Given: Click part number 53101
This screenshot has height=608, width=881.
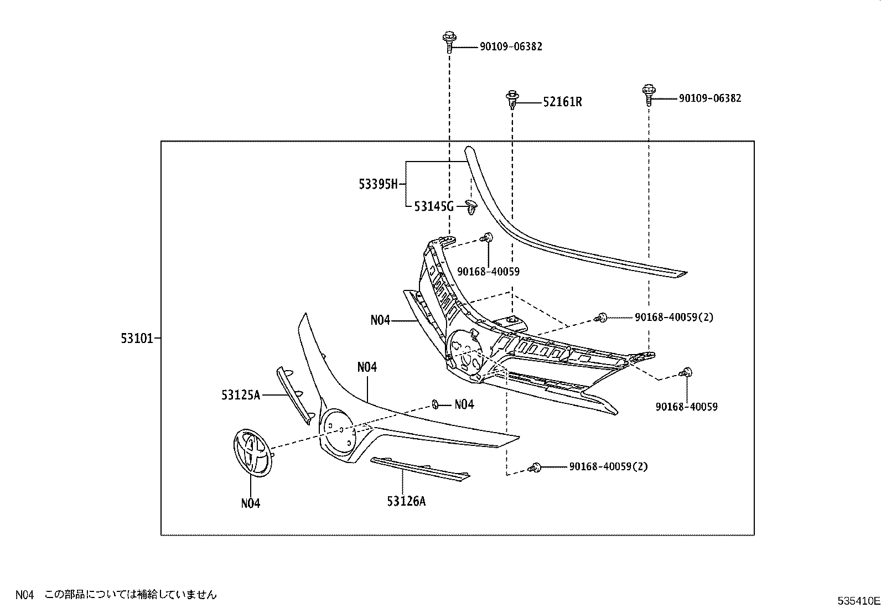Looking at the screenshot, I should tap(137, 338).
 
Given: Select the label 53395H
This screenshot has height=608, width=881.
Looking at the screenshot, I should tap(378, 184).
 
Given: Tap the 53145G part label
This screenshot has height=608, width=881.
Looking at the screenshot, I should tap(433, 207).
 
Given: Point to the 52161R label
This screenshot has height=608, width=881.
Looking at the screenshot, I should tap(562, 102).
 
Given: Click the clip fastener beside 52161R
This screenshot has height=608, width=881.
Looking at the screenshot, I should tap(513, 100).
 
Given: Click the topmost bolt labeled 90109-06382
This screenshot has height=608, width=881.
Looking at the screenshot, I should tap(449, 41).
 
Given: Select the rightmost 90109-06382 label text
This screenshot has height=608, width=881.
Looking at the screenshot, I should tap(709, 98).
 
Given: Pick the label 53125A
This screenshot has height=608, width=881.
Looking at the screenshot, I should tap(241, 394).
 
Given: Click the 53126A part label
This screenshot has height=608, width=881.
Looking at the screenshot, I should tap(406, 501).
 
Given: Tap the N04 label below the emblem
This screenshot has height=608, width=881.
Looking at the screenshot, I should tap(250, 503).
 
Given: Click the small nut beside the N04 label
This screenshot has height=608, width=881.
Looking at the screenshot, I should tap(436, 404).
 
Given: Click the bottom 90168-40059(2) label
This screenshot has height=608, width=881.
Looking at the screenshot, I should tap(608, 466).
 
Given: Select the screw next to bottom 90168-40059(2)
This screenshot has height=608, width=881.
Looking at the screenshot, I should tap(535, 467).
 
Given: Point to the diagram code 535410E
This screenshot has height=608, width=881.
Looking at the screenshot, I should tap(858, 600).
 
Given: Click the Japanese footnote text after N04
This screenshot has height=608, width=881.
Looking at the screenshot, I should tap(131, 595).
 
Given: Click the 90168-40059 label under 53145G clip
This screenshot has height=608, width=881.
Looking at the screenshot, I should tap(488, 272).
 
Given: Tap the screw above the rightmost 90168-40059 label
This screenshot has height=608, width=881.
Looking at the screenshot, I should tap(686, 372).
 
